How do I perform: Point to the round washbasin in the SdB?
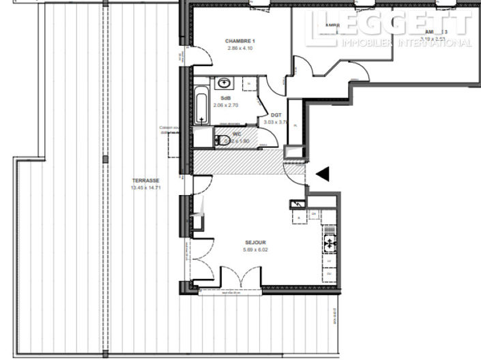(x=224, y=84)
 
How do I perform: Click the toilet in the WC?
(x=220, y=140)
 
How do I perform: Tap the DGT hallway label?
(x=276, y=115)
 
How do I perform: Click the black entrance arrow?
(x=322, y=174)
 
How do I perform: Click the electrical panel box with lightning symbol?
(x=299, y=205)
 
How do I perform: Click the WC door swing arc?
(x=268, y=136)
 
